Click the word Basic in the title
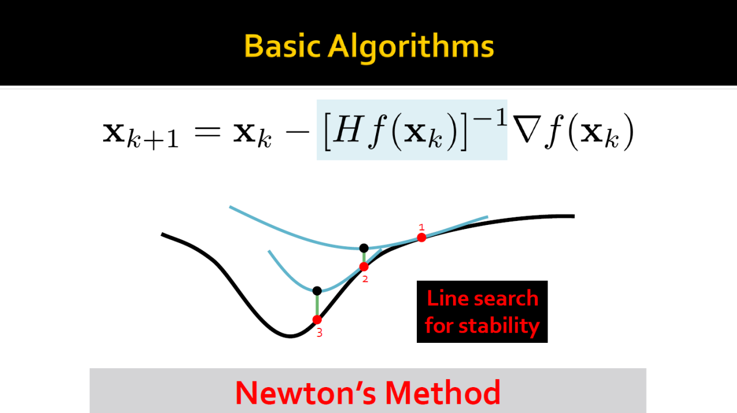pyautogui.click(x=282, y=46)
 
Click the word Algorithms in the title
pyautogui.click(x=411, y=48)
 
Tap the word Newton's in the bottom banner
pyautogui.click(x=305, y=393)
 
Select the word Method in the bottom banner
pyautogui.click(x=443, y=393)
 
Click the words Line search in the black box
pyautogui.click(x=483, y=298)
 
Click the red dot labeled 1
pyautogui.click(x=421, y=238)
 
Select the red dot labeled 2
pyautogui.click(x=364, y=267)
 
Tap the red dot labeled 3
pyautogui.click(x=317, y=320)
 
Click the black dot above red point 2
pyautogui.click(x=364, y=248)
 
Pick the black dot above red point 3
pyautogui.click(x=317, y=290)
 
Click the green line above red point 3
pyautogui.click(x=317, y=305)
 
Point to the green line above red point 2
pyautogui.click(x=364, y=258)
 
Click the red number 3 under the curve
pyautogui.click(x=320, y=333)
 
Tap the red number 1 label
pyautogui.click(x=421, y=227)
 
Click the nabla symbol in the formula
pyautogui.click(x=527, y=129)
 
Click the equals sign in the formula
pyautogui.click(x=207, y=132)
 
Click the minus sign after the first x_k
pyautogui.click(x=298, y=132)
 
